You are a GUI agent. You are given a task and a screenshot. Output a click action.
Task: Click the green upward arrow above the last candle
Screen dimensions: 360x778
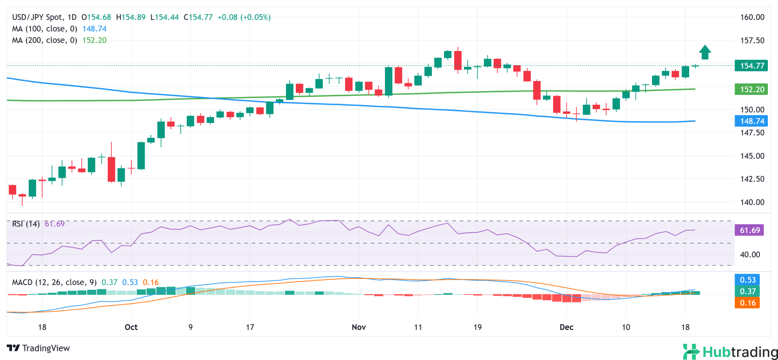pos(705,52)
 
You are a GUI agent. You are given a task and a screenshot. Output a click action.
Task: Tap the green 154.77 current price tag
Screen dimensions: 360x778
pos(751,66)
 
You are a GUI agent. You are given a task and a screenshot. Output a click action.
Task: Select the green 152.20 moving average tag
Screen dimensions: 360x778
pos(751,89)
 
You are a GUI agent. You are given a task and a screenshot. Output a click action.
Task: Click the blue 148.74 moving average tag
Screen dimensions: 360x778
pos(751,121)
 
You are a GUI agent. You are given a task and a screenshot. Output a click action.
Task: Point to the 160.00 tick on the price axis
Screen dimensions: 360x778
pos(752,17)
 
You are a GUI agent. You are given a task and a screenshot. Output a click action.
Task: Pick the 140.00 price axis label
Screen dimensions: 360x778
pos(752,202)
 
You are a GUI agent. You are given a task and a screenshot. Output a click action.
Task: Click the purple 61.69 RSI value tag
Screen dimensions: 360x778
pos(749,230)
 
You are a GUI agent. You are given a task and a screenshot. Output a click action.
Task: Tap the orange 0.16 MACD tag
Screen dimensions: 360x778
pos(747,303)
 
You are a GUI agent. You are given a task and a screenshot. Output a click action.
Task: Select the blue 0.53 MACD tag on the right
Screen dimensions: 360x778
pos(747,280)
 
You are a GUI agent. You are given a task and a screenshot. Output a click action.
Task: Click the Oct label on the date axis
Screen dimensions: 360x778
pos(131,327)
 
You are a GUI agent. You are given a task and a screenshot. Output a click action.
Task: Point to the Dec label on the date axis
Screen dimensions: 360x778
pos(566,327)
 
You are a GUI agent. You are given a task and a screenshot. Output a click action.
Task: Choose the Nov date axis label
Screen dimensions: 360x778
pos(359,327)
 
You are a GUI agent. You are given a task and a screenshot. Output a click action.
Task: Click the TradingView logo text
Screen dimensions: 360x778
pos(39,348)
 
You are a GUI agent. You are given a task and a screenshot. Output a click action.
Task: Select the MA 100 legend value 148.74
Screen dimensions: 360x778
pos(94,29)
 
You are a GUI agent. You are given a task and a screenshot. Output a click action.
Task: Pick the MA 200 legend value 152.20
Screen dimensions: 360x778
pos(94,40)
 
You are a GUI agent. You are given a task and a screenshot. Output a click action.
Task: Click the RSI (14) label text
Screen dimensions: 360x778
pos(26,224)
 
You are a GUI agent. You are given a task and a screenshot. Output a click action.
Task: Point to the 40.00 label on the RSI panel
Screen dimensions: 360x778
pos(750,255)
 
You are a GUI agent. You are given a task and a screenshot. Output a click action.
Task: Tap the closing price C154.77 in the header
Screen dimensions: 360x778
pos(198,17)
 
